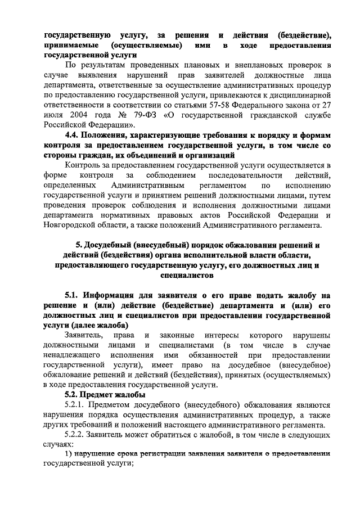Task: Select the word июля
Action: pos(55,115)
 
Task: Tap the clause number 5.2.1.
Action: pos(77,406)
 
